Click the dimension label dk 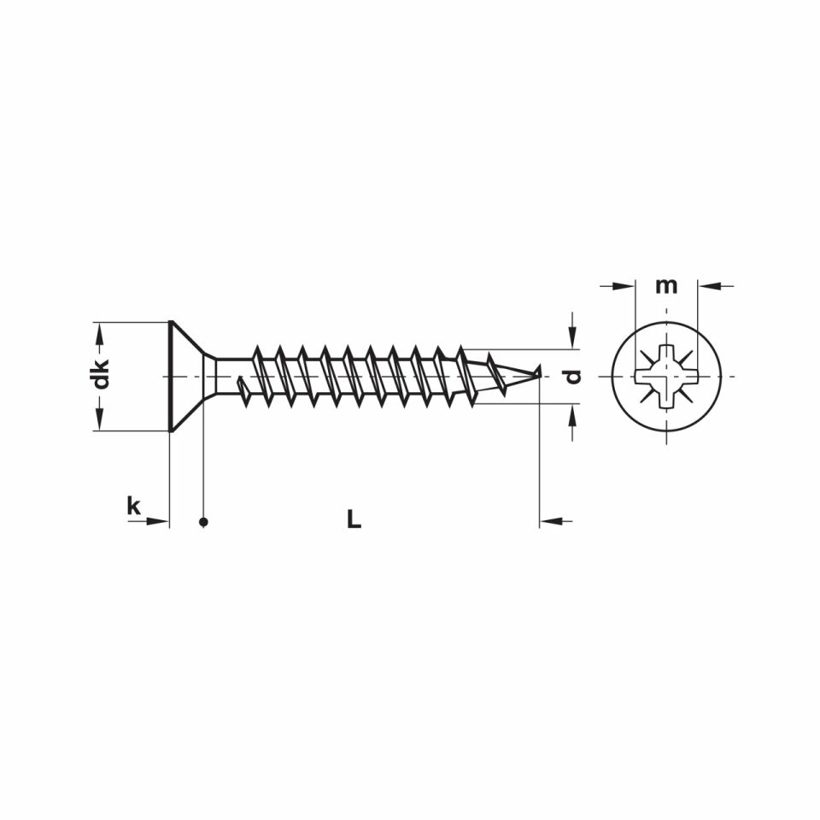coord(102,375)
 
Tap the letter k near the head coord(133,506)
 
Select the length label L coord(354,518)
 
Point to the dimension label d coord(573,376)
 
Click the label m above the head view coord(666,285)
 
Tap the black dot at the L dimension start coord(203,522)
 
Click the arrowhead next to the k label coord(159,520)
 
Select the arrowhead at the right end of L coord(550,520)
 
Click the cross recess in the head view coord(666,376)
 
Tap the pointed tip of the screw coord(538,372)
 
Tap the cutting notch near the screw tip coord(495,376)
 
